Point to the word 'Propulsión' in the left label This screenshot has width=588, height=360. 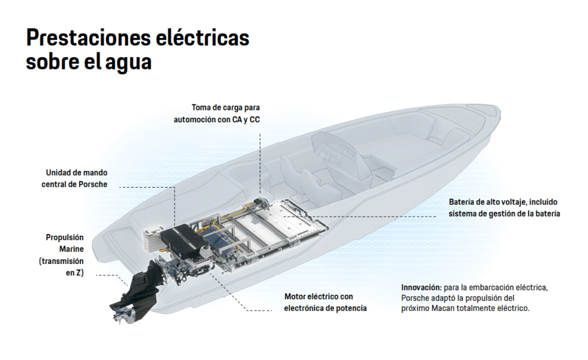click(65, 238)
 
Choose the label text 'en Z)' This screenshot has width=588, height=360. click(73, 273)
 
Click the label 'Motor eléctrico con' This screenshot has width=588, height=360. click(318, 296)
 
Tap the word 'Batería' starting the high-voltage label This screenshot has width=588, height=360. click(463, 202)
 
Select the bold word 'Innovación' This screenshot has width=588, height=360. click(421, 287)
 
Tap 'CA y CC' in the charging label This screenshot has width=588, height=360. click(247, 119)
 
